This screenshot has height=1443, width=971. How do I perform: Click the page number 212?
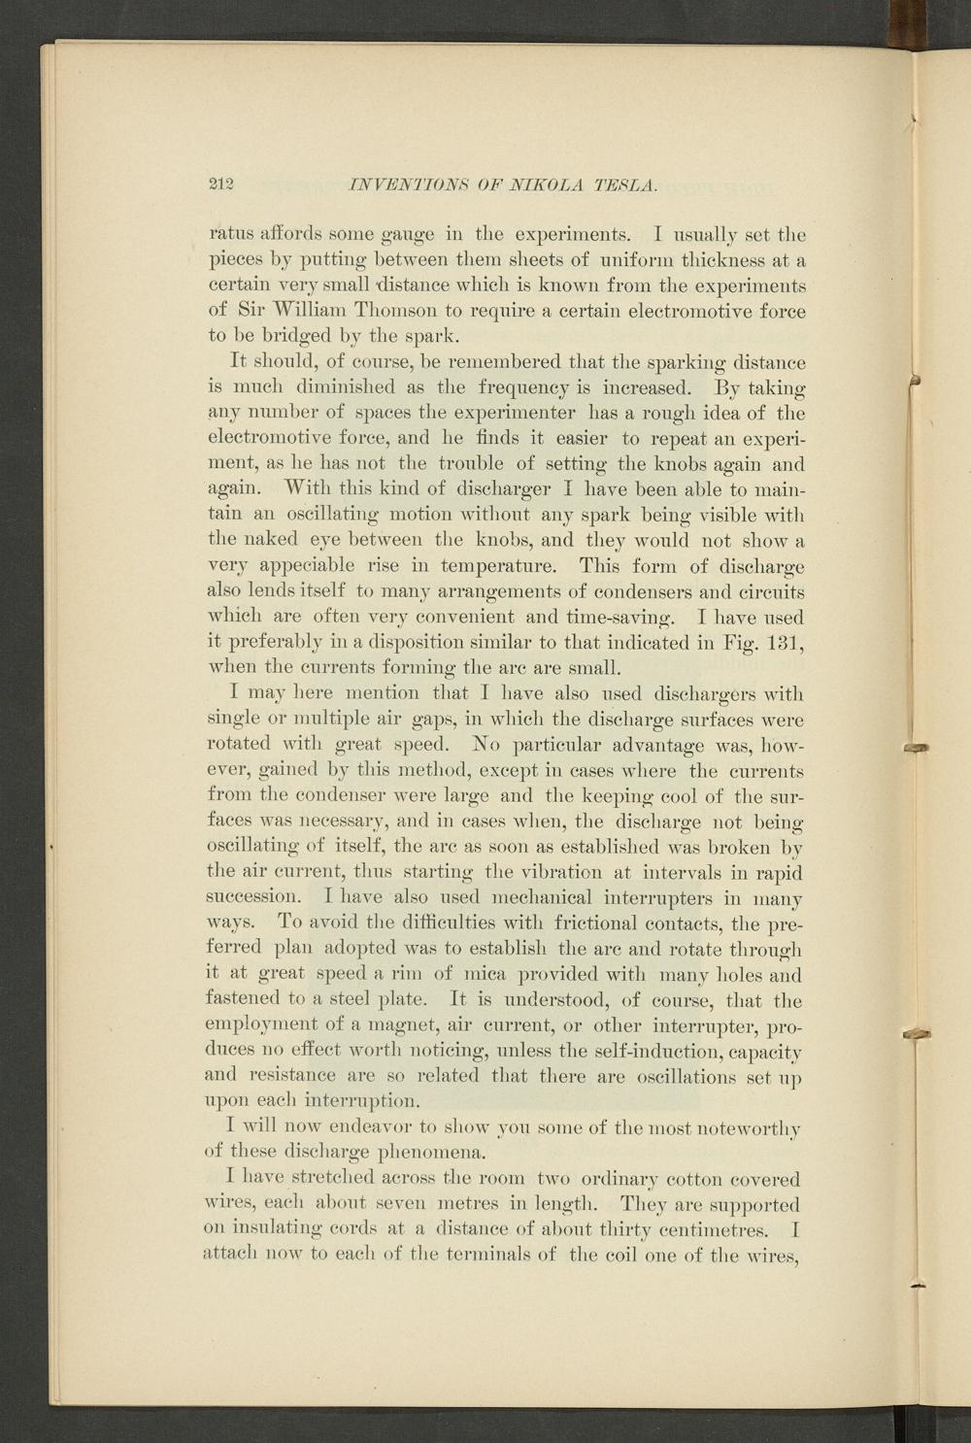coord(223,184)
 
